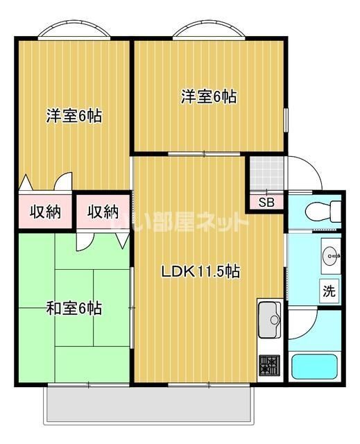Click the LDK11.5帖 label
pos(200,272)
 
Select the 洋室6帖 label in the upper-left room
pos(74,116)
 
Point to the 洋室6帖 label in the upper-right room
pos(209,97)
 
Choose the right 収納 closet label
pos(103,212)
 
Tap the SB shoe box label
pos(266,203)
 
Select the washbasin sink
pos(330,255)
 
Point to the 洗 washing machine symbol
pos(329,291)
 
